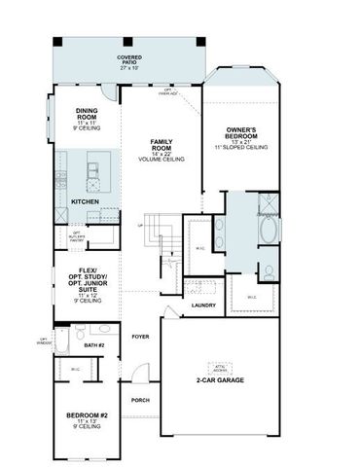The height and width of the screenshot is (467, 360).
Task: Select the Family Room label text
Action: [x=161, y=148]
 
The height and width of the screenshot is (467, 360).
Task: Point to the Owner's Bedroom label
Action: [x=240, y=134]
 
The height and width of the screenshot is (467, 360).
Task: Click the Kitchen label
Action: [x=86, y=201]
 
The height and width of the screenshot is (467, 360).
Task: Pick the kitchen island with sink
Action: [x=95, y=173]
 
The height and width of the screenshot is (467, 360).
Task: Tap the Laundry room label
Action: [x=203, y=305]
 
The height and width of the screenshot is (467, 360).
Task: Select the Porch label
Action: [x=140, y=400]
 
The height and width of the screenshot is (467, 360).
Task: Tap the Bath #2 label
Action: [x=93, y=344]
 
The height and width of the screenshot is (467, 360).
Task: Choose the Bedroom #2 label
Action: [x=86, y=418]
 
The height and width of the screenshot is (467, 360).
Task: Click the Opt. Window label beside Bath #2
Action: [x=42, y=341]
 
